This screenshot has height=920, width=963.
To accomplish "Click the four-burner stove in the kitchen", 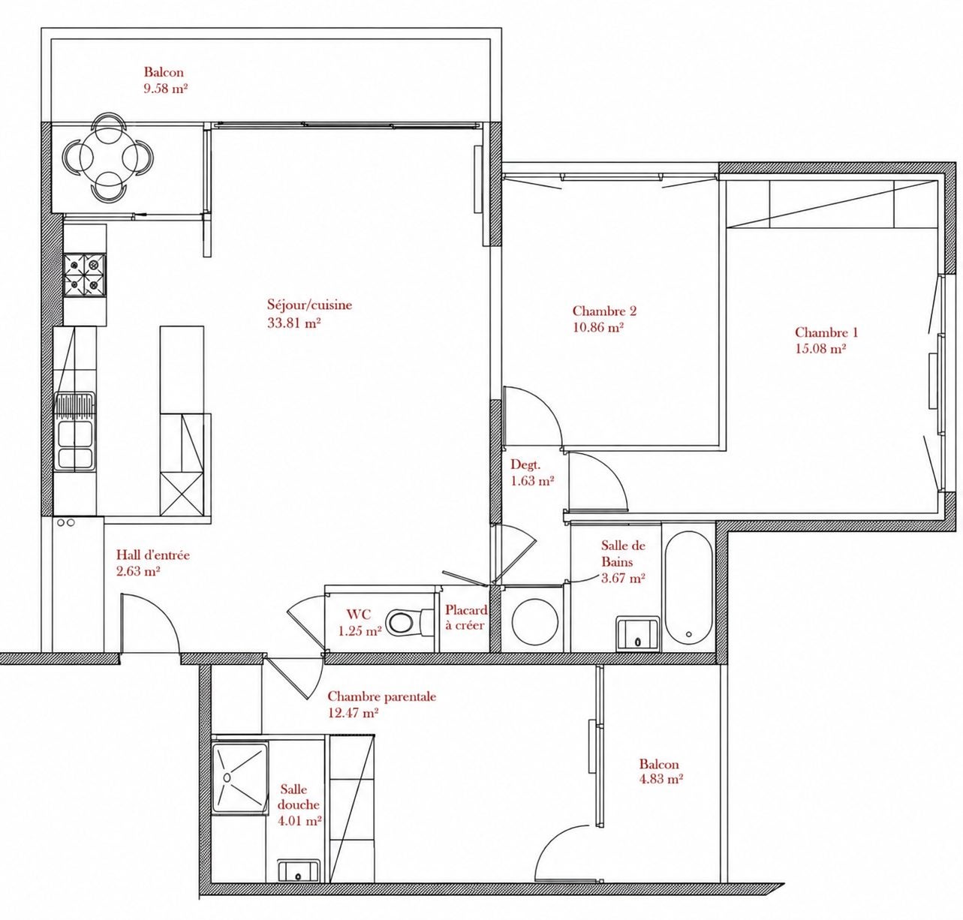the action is coord(85,275).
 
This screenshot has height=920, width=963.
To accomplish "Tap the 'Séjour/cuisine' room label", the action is coord(309,305).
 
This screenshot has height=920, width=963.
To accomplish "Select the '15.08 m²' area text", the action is coord(820,348).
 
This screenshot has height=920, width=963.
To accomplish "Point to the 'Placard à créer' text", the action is coord(465,618).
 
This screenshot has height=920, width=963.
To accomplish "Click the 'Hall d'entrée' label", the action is coord(153,555).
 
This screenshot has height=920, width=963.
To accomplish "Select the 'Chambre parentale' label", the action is coord(382,696).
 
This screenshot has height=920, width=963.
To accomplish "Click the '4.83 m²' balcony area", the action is coord(661,780).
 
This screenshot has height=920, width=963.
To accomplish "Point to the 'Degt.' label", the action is coord(526,465).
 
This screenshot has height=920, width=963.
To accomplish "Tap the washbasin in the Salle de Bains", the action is coord(638,633).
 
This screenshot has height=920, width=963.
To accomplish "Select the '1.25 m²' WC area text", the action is coord(360,631).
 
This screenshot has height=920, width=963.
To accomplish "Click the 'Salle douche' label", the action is coord(299,796).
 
